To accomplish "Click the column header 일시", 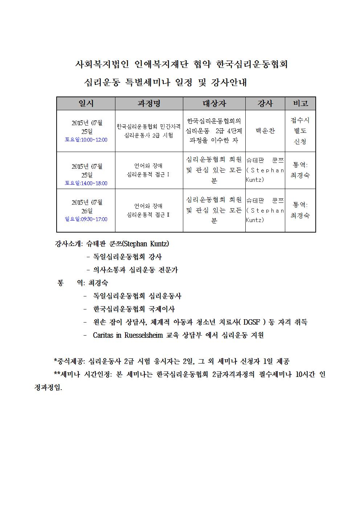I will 86,104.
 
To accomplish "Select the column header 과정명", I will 149,104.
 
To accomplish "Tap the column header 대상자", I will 214,104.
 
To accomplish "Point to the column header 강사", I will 265,104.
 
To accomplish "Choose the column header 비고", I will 300,104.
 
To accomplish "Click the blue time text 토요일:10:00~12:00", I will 86,140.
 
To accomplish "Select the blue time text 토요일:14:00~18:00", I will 86,183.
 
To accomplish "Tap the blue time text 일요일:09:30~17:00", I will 86,219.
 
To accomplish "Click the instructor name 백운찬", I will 265,131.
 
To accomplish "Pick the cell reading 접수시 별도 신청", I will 300,131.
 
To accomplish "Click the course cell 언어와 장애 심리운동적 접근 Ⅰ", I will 149,171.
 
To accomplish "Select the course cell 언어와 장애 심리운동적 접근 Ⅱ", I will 149,210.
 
